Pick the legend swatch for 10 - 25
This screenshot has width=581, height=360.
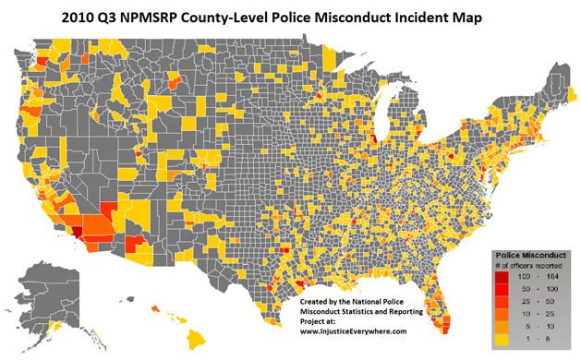(x=499, y=314)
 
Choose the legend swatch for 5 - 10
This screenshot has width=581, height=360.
(x=499, y=326)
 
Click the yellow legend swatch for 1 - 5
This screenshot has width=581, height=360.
(x=499, y=338)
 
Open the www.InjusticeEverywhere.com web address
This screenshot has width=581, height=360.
(x=358, y=326)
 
